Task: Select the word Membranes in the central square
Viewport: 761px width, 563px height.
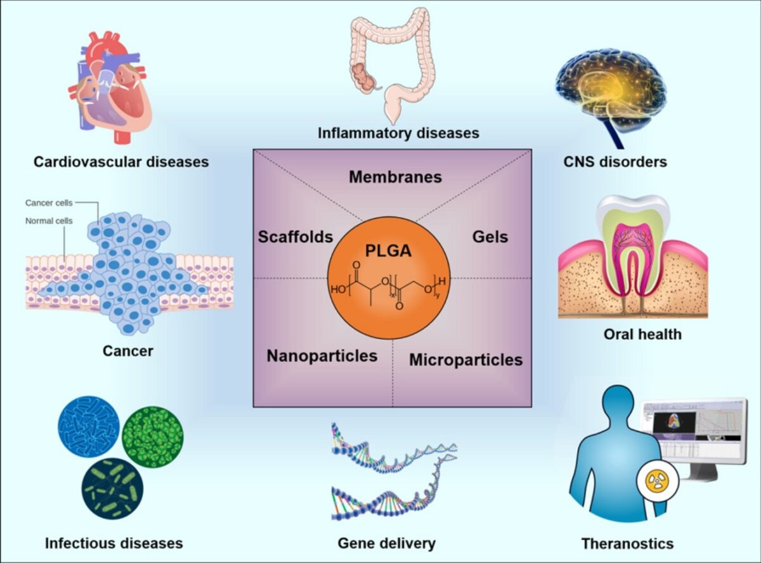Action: [395, 177]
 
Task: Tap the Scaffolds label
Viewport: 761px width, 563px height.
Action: [295, 237]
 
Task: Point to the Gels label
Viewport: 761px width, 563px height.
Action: [490, 237]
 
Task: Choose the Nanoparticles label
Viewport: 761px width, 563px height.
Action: [322, 356]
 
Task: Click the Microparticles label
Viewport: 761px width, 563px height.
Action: [465, 360]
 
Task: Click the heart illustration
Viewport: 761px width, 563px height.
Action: [114, 89]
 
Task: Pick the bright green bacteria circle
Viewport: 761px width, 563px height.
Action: [152, 437]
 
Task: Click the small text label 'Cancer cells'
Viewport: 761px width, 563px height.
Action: [49, 203]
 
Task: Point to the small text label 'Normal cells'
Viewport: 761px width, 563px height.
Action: [49, 221]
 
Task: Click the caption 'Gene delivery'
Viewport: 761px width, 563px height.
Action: [386, 543]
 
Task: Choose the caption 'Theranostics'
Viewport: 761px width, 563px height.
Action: [627, 543]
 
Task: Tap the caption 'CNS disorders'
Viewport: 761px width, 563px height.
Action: [615, 162]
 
